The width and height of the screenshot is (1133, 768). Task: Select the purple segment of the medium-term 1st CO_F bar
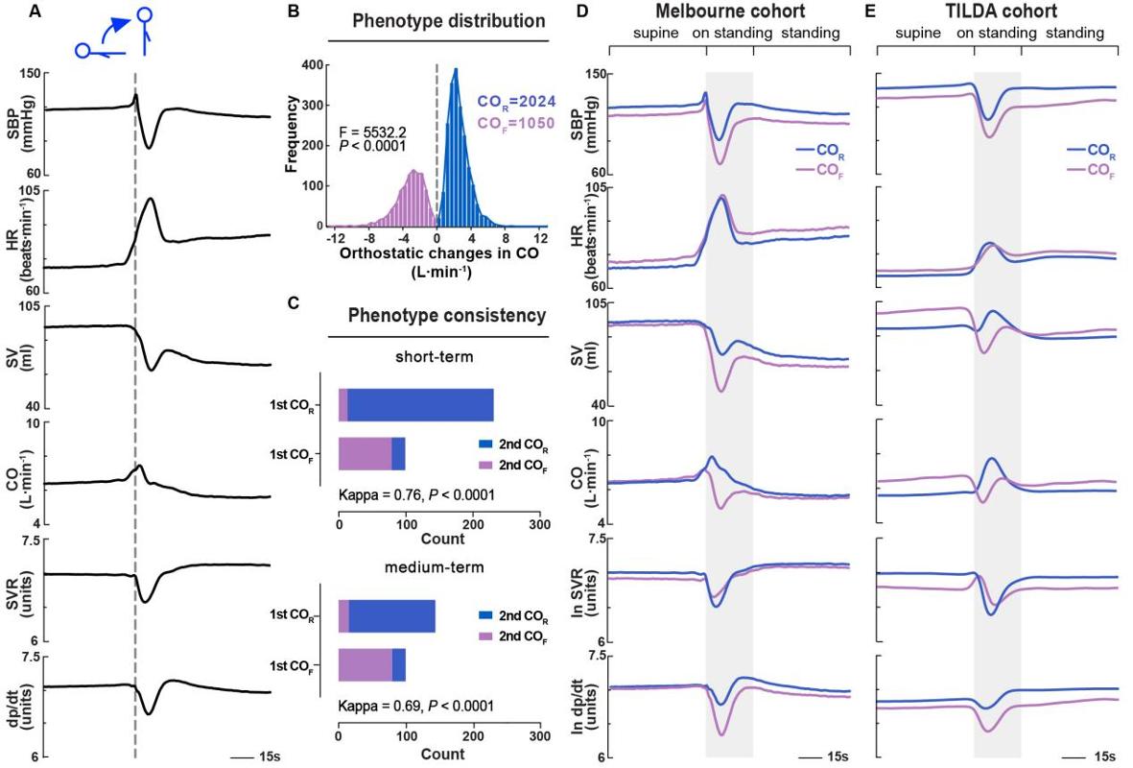tap(365, 664)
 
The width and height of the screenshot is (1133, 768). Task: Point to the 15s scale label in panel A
tap(271, 757)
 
